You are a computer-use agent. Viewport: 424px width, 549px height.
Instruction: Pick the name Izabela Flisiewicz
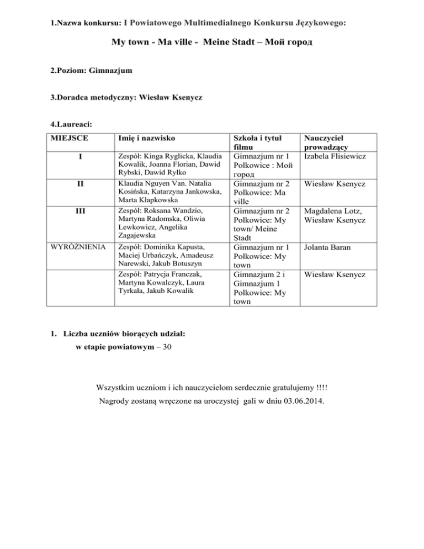click(337, 156)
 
